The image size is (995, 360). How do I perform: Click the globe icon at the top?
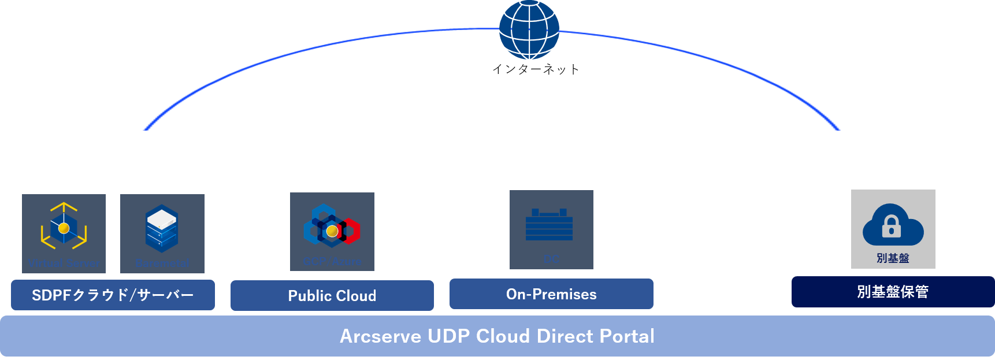529,29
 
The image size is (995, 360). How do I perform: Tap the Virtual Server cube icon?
64,227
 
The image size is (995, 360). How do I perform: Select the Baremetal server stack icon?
162,228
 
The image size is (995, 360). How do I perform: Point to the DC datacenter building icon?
549,225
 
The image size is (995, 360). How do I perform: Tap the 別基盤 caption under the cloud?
893,258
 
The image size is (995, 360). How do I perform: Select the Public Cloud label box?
332,295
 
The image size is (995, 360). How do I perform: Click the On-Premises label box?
551,294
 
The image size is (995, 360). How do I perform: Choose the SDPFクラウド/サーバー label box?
113,295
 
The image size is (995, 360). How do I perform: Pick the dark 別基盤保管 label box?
893,292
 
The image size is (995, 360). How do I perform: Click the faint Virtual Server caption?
64,264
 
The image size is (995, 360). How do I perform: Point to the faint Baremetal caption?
162,264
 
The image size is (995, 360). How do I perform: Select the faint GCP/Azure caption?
332,262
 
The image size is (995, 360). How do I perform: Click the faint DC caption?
551,259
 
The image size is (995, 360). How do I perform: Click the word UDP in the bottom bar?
448,336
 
